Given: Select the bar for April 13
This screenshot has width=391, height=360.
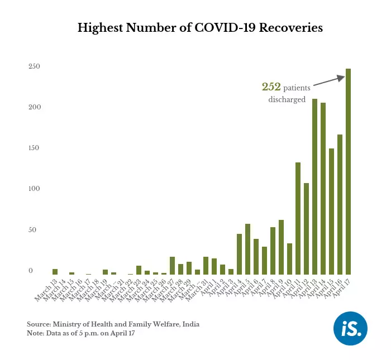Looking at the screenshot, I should pyautogui.click(x=314, y=187).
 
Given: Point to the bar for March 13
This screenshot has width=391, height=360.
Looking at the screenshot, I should pyautogui.click(x=55, y=272).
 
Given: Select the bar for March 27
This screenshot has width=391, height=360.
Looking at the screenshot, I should pyautogui.click(x=172, y=266).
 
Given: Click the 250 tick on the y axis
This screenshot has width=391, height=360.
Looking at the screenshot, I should pyautogui.click(x=35, y=66).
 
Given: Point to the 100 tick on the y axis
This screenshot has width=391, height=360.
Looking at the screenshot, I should pyautogui.click(x=35, y=189).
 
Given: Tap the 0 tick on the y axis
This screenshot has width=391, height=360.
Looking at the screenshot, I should pyautogui.click(x=31, y=271).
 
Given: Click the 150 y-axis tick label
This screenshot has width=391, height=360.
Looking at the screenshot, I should pyautogui.click(x=35, y=148).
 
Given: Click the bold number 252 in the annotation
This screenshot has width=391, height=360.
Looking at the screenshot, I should pyautogui.click(x=271, y=87).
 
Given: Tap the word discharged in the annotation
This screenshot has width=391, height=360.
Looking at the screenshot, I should pyautogui.click(x=287, y=100).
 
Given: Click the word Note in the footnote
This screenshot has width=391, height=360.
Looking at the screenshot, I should pyautogui.click(x=35, y=333).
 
